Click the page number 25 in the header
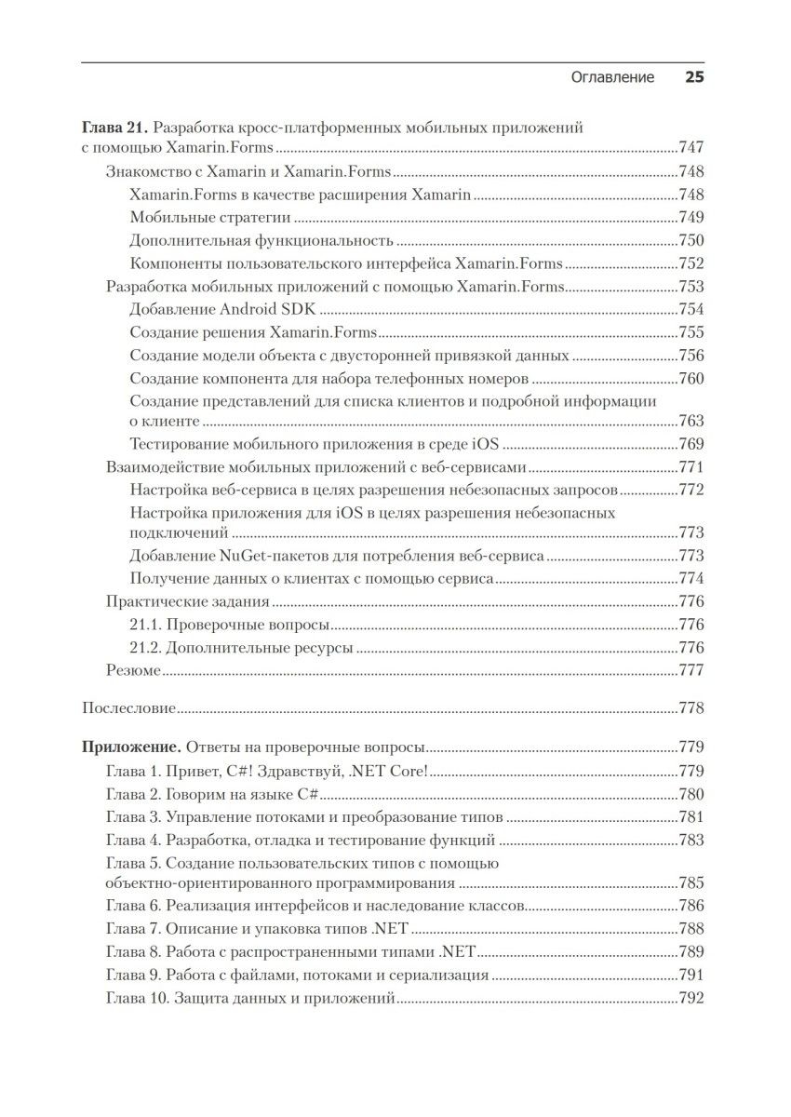pos(694,78)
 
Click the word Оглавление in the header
pos(612,78)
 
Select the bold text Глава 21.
pos(114,128)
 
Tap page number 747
pos(691,148)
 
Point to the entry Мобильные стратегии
pos(210,217)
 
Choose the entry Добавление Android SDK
pos(223,309)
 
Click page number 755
pos(691,332)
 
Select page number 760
pos(691,378)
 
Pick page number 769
pos(691,444)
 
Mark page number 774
pos(691,578)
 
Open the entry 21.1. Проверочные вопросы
pos(232,625)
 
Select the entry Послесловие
pos(129,708)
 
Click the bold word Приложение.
pos(131,747)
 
